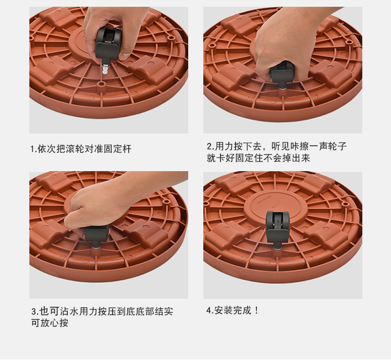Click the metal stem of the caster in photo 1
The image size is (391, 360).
105,68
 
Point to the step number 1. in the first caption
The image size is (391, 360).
34,149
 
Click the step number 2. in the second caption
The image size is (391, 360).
211,146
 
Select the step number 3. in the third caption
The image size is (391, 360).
35,311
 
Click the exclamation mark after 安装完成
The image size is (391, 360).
256,310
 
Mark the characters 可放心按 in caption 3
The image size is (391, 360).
50,323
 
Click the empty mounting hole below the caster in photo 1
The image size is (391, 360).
101,83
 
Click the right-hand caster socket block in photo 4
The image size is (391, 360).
325,235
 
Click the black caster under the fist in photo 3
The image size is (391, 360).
96,237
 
